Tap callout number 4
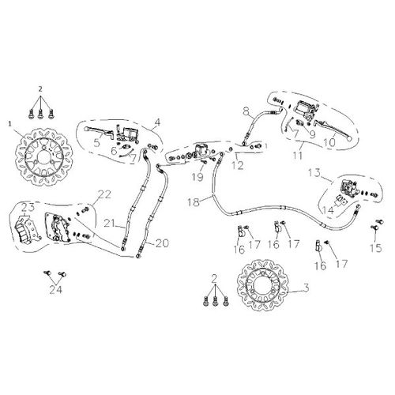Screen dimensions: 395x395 point(157,122)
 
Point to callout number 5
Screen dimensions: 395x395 point(97,143)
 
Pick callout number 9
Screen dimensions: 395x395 point(312,134)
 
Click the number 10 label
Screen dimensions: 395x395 point(329,142)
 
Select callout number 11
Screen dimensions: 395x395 point(298,155)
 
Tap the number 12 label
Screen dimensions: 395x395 point(238,166)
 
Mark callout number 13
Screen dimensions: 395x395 point(314,173)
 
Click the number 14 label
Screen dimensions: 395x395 point(328,210)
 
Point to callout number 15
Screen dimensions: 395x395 point(375,248)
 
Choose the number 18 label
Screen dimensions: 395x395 point(194,202)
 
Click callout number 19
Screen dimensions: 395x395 point(197,177)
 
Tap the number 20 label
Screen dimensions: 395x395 point(162,243)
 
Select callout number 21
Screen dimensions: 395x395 point(111,224)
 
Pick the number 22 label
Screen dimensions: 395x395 point(104,194)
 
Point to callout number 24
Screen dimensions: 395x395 point(56,290)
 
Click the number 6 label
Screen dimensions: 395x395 point(114,151)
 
